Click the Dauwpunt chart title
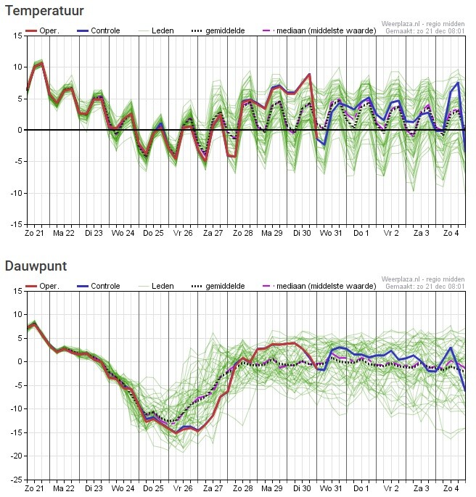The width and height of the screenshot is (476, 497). [36, 266]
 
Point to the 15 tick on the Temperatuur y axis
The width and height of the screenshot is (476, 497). [18, 36]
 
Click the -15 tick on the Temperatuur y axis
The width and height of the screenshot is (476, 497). [17, 225]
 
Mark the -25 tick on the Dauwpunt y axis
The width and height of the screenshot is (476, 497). [17, 480]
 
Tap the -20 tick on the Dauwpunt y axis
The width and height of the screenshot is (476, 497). [17, 456]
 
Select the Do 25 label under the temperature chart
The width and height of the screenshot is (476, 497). [153, 234]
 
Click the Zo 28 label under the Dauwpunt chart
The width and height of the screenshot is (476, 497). [243, 488]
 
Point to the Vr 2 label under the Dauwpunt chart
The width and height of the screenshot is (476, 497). [392, 488]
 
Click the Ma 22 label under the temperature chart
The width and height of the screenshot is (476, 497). [64, 234]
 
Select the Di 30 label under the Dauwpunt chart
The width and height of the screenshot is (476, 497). [302, 488]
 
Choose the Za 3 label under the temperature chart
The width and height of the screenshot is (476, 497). [422, 234]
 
